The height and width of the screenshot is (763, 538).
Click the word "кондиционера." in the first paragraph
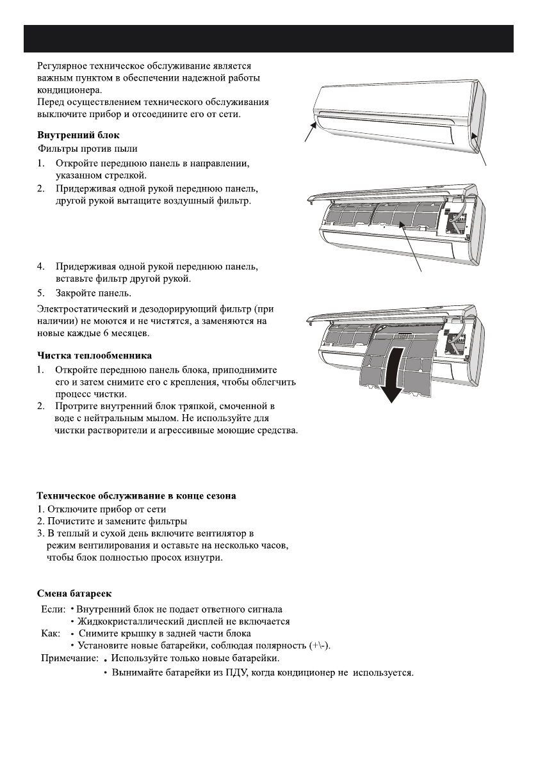(x=65, y=90)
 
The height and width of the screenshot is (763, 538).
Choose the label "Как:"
(x=50, y=633)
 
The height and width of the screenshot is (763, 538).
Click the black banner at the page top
(x=268, y=40)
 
